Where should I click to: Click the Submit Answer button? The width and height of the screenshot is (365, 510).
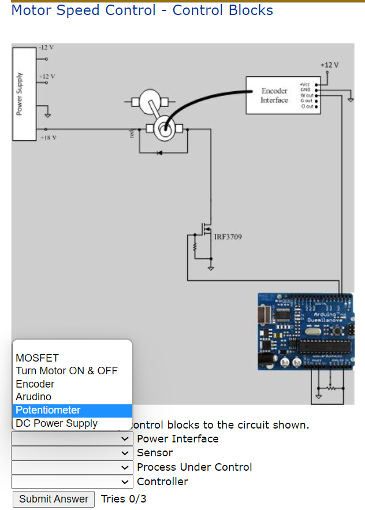(53, 499)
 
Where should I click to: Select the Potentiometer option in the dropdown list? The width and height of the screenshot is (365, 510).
(48, 410)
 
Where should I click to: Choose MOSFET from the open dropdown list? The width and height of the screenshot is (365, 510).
(37, 358)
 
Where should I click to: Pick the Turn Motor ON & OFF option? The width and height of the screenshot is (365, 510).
(66, 371)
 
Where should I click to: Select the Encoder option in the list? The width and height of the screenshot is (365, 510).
(35, 384)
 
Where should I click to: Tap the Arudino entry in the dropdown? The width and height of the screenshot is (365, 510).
(33, 397)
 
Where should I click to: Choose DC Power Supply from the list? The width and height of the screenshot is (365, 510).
(57, 423)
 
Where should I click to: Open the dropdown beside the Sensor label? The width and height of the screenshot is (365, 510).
(72, 453)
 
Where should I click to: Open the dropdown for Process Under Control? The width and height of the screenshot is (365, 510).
(72, 467)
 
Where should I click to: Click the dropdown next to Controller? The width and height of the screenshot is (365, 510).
(72, 481)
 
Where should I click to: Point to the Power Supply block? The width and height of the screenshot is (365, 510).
(24, 94)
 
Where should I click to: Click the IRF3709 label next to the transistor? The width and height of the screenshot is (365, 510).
(228, 237)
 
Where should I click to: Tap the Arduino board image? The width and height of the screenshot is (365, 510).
(304, 332)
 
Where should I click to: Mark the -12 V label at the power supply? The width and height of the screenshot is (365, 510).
(46, 47)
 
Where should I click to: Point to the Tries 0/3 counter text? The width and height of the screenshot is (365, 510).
(123, 499)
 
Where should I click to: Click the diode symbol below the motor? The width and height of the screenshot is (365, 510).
(160, 152)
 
